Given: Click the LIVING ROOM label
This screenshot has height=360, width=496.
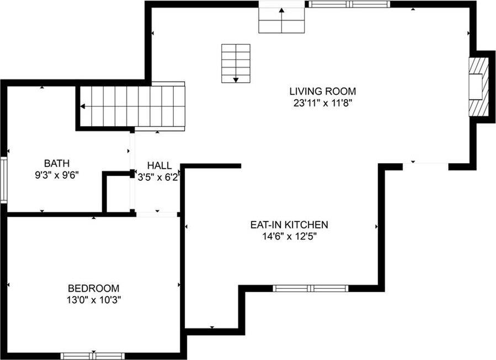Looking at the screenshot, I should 323,91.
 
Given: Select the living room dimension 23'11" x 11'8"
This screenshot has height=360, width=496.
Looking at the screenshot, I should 323,103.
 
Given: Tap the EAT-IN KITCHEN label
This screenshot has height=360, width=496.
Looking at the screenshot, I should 289,225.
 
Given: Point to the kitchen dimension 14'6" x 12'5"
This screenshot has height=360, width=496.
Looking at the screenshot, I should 289,237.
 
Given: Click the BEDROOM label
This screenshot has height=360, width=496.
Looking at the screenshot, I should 93,288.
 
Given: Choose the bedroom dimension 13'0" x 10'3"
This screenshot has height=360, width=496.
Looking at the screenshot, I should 93,300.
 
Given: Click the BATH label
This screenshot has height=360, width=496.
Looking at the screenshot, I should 57,163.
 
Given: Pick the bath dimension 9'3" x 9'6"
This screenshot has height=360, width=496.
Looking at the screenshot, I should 57,175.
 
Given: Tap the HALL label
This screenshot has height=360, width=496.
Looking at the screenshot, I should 159,166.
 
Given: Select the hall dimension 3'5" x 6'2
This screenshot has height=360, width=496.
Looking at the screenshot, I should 159,178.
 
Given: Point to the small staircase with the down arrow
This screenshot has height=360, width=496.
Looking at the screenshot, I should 236,63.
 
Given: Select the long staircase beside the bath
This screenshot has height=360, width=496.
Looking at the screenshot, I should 132,106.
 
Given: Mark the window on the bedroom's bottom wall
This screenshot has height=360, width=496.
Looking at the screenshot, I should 92,356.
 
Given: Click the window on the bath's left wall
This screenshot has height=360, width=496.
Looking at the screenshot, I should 3,180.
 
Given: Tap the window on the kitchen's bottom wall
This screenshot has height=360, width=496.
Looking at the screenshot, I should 311,288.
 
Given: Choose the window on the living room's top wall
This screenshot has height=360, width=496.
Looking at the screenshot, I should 349,4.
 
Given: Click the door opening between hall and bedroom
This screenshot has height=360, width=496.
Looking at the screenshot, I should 157,214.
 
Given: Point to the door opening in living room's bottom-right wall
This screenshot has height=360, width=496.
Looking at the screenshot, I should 425,164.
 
